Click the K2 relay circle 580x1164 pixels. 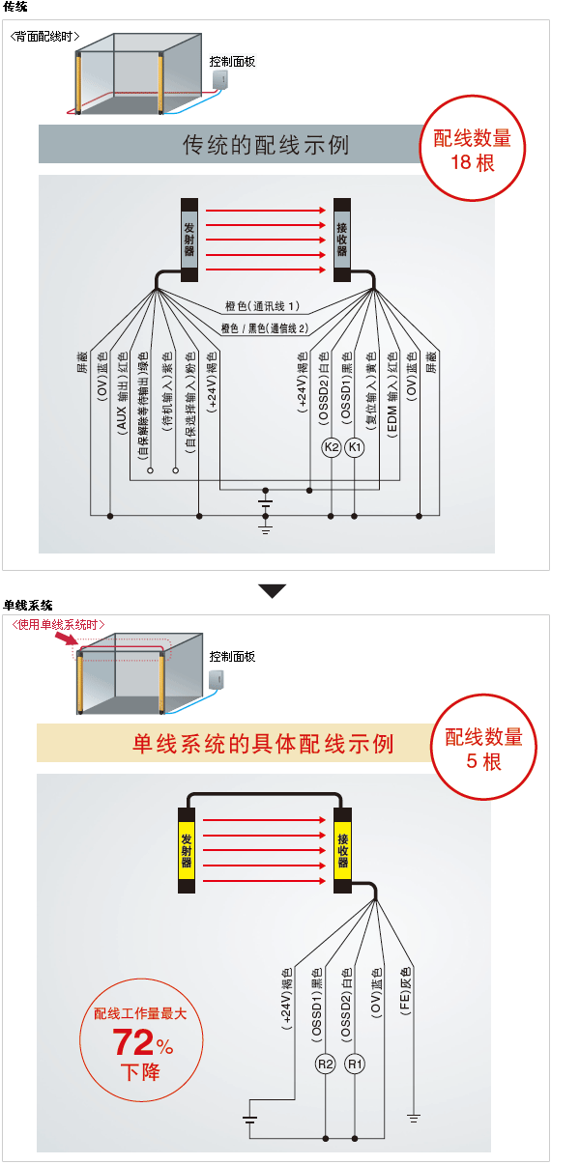[x=332, y=448]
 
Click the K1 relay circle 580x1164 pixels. [x=355, y=448]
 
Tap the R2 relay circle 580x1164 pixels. [x=326, y=1065]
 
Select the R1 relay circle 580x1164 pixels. [x=356, y=1065]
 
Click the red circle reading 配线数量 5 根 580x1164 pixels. [x=483, y=749]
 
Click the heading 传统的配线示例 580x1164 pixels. [x=266, y=145]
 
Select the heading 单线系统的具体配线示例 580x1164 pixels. [x=263, y=744]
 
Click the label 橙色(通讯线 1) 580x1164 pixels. [x=262, y=306]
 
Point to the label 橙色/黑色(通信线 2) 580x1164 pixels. [x=264, y=328]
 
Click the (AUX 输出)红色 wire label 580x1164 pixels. [x=123, y=395]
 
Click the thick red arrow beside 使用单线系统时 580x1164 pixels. [x=67, y=639]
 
